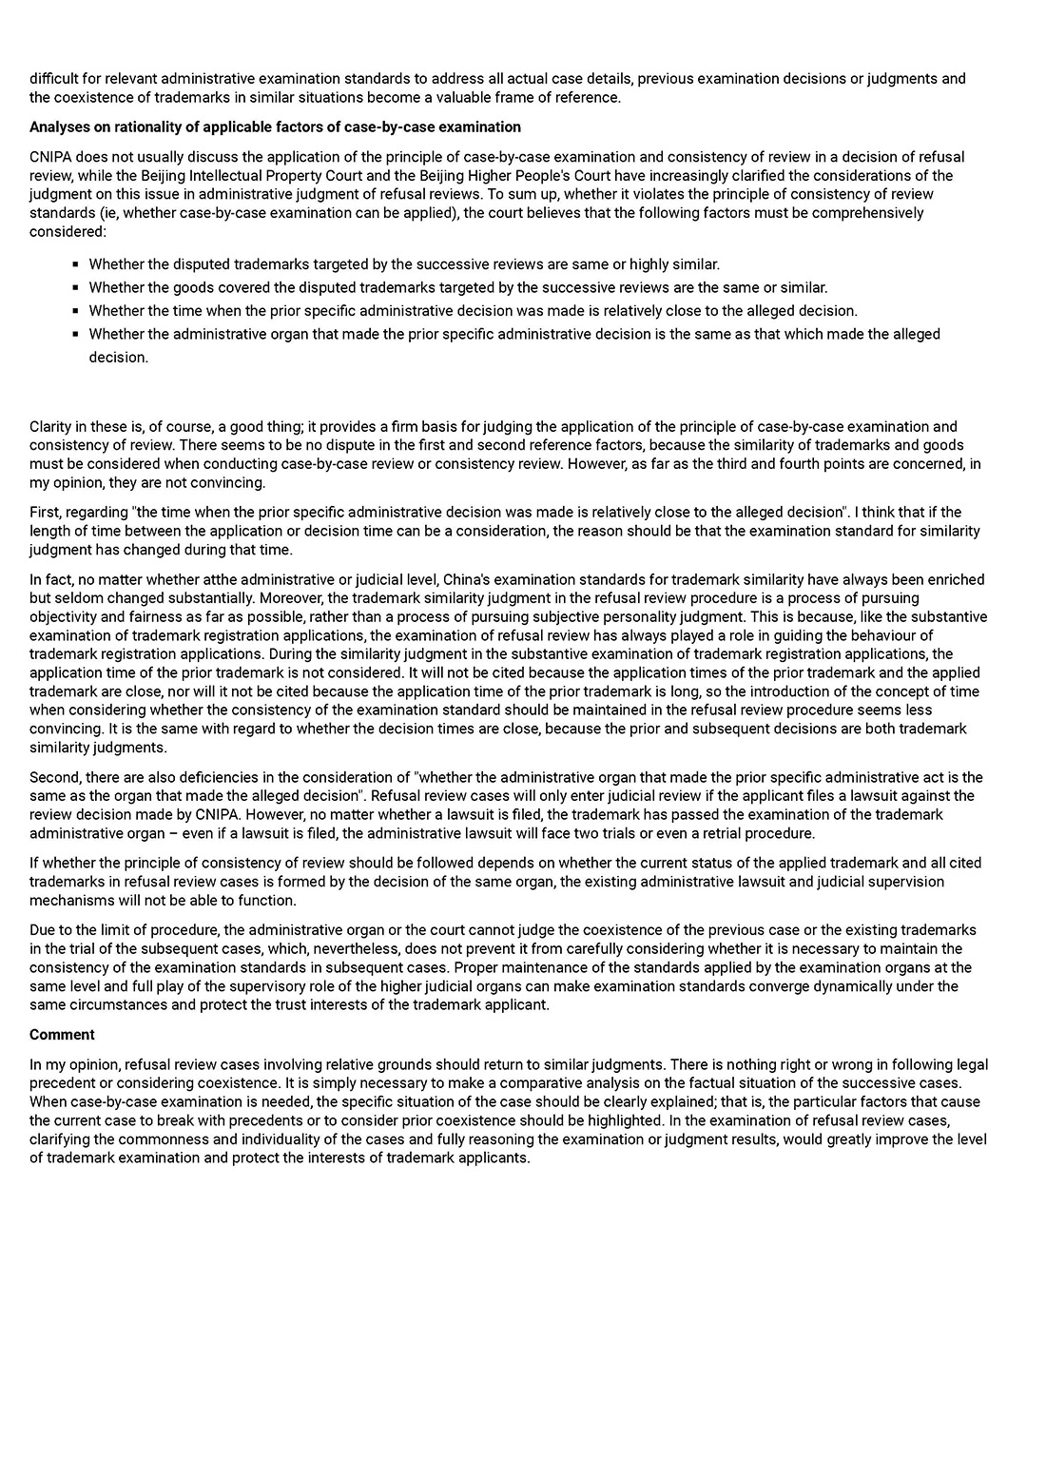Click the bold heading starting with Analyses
[275, 126]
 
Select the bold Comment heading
[62, 1034]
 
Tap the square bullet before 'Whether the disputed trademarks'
[75, 264]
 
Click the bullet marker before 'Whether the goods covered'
[75, 287]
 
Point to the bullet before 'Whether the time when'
[75, 311]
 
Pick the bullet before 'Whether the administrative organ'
[75, 334]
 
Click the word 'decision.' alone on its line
[119, 358]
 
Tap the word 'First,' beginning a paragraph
[48, 512]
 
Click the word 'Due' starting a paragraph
[43, 929]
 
